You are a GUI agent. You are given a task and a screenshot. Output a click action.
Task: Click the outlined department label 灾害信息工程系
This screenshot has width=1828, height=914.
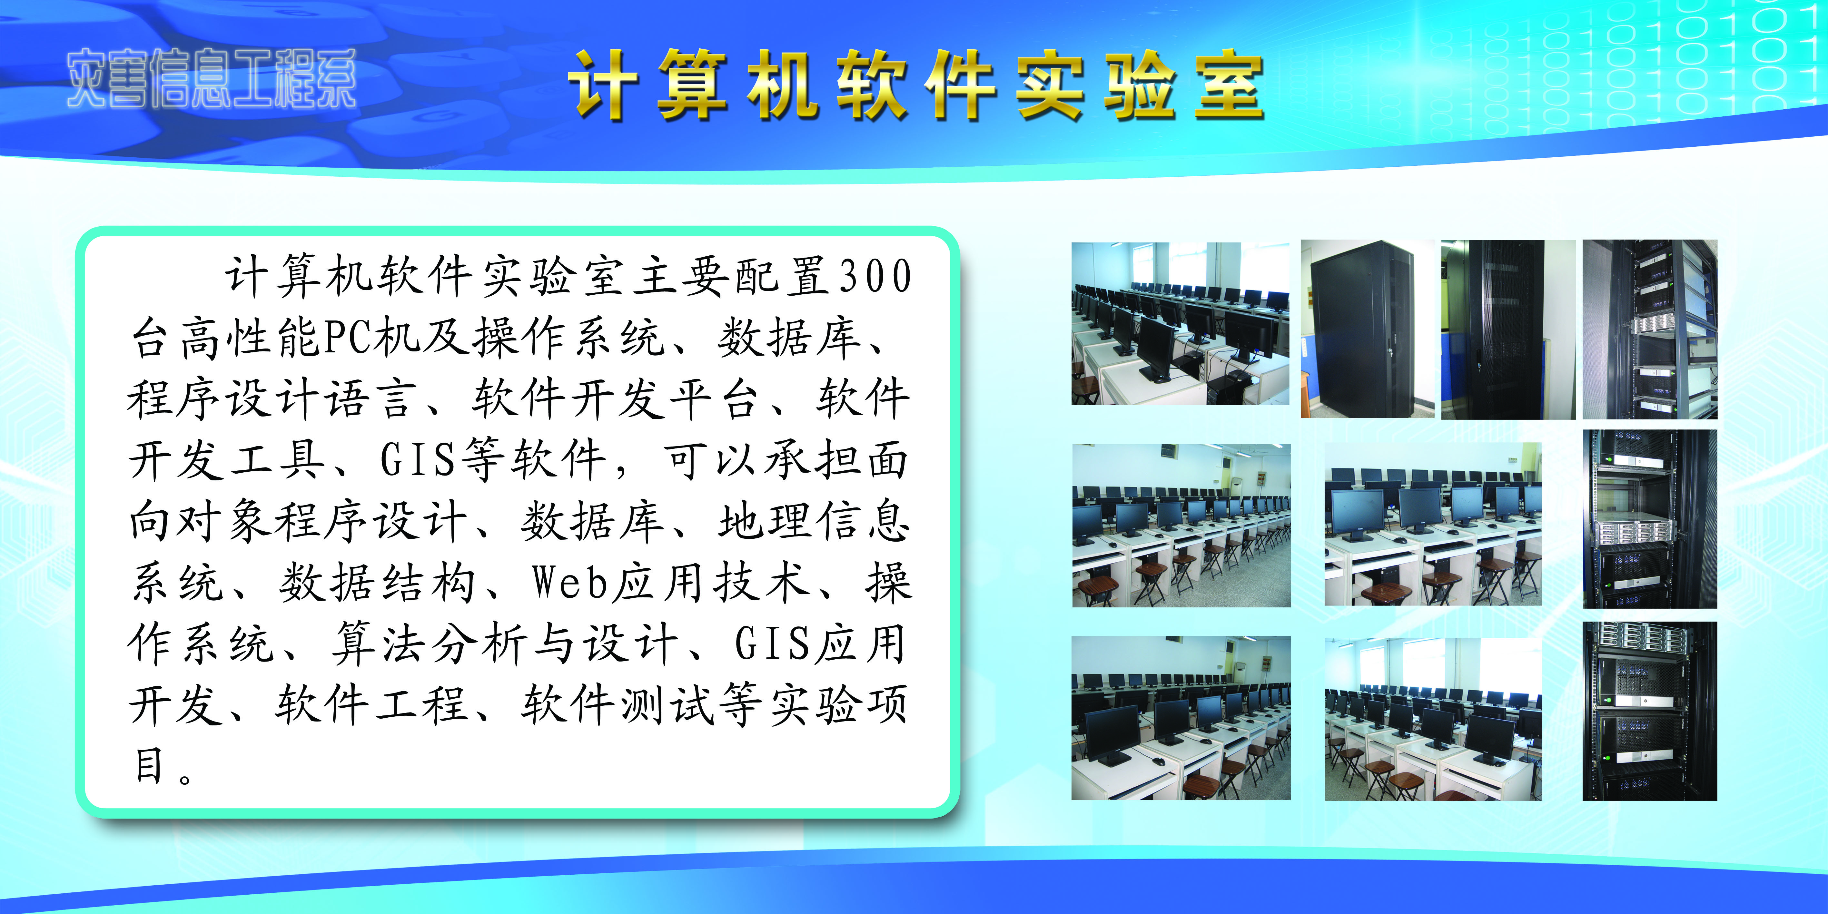coord(212,79)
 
